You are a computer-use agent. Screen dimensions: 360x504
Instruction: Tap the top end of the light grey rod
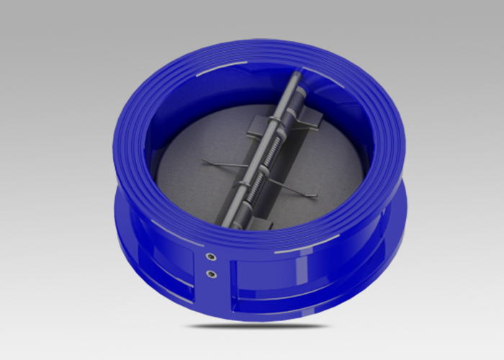pyautogui.click(x=298, y=75)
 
